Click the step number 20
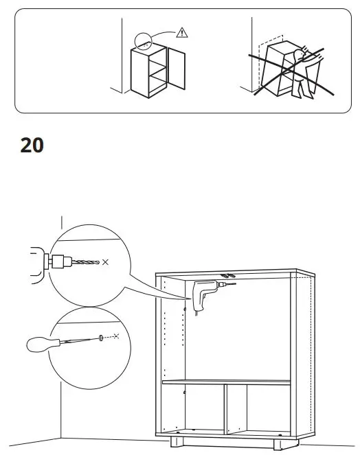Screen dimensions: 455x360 pos(32,145)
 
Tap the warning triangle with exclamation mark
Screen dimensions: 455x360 pos(181,32)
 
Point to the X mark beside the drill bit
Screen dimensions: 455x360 pos(104,262)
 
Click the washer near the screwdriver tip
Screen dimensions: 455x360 pos(100,337)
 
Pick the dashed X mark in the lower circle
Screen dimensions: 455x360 pos(116,336)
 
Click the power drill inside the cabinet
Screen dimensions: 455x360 pos(205,293)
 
